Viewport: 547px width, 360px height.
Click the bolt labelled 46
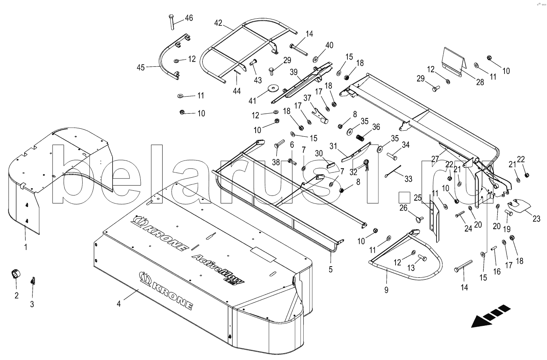point(171,22)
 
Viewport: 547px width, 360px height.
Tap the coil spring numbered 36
point(360,138)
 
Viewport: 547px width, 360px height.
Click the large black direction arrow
point(490,316)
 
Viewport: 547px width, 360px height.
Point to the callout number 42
point(218,23)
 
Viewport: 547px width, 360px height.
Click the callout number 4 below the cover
point(118,304)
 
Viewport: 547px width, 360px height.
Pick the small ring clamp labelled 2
point(16,274)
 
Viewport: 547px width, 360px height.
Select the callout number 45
point(141,68)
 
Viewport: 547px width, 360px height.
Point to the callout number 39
point(293,72)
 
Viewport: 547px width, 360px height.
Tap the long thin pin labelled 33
point(393,171)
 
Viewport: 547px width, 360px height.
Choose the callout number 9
point(386,290)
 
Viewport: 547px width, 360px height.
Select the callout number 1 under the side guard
point(25,247)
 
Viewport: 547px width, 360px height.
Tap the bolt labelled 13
point(422,257)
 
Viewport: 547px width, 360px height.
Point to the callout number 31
point(333,146)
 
